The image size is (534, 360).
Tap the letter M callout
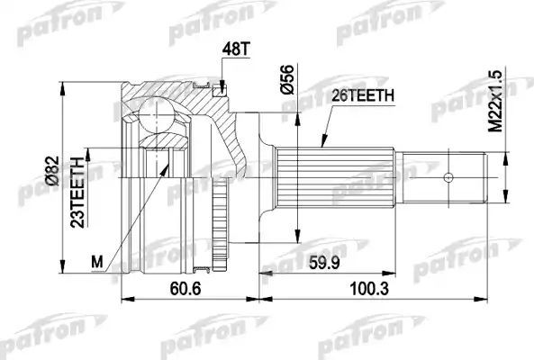click(98, 261)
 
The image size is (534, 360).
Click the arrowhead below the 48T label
click(220, 86)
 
